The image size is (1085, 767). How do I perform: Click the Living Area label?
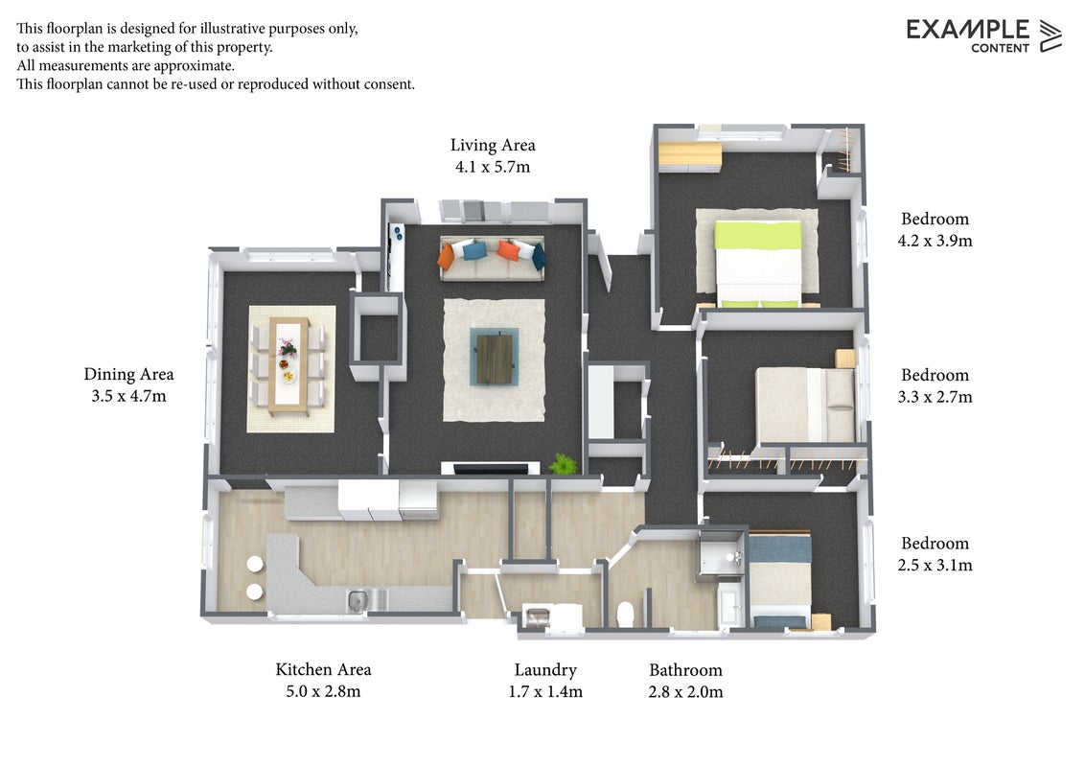(493, 146)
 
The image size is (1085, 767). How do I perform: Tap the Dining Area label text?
(128, 375)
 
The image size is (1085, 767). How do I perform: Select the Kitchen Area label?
(323, 669)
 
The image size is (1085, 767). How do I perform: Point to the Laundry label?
(545, 670)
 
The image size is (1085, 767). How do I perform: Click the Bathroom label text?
(685, 670)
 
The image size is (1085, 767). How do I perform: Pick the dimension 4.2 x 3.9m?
(935, 241)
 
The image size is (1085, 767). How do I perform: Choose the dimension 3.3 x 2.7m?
(935, 397)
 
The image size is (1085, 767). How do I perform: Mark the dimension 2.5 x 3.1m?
(935, 566)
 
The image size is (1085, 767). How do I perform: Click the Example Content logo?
(983, 35)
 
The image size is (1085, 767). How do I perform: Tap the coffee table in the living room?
(495, 358)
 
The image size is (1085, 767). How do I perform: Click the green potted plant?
(564, 464)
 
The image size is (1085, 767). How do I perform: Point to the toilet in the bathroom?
(625, 614)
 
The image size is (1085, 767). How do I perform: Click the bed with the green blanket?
(758, 263)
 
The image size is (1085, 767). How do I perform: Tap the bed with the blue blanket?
(780, 580)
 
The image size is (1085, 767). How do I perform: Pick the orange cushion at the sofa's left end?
(447, 257)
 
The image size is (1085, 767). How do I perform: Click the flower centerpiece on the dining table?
(288, 347)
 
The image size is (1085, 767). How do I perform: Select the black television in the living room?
(492, 470)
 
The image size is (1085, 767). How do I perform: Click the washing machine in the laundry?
(537, 616)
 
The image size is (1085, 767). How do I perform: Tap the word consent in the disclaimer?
(389, 84)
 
